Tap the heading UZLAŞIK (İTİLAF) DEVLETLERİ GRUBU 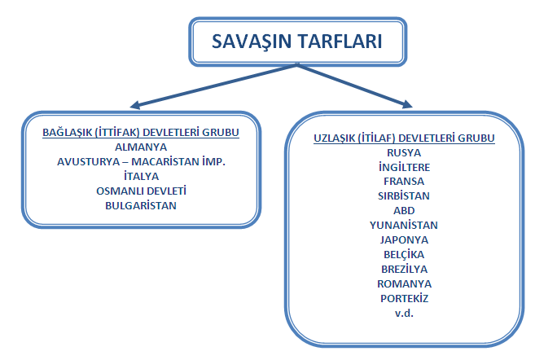coord(404,138)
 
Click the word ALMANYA coord(141,147)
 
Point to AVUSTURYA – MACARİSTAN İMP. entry coord(141,162)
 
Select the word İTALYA coord(141,176)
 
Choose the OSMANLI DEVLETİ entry coord(141,191)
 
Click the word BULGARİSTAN coord(141,205)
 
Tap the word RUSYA coord(404,152)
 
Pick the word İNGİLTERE coord(404,167)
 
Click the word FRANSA coord(404,182)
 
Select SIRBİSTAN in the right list coord(404,196)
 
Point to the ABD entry coord(404,210)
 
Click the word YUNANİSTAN coord(404,225)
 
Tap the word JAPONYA coord(404,239)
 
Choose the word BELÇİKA coord(404,254)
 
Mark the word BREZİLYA coord(404,269)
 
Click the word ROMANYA coord(404,283)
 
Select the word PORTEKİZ coord(404,298)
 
